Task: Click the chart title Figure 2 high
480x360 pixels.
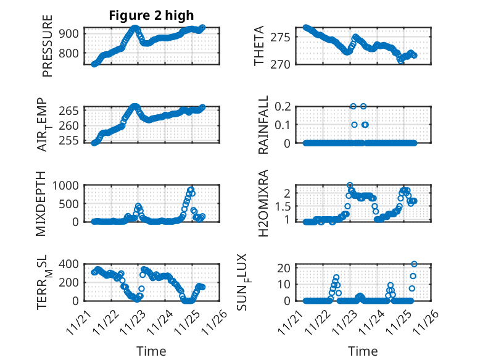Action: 151,16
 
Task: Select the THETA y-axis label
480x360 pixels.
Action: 259,46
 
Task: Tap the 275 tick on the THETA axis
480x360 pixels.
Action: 283,38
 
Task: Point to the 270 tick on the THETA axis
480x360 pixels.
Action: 283,64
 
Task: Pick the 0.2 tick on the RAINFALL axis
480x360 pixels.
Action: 283,106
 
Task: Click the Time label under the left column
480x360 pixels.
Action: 151,351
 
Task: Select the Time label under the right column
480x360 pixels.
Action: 363,351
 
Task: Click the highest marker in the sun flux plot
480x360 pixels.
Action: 414,264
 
